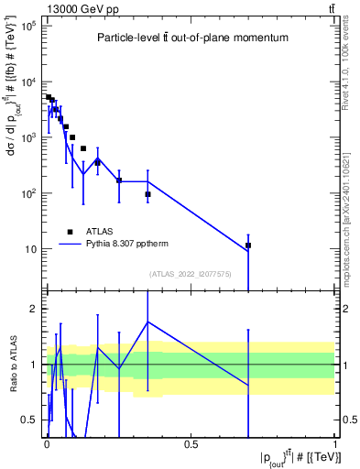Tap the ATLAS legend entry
point(100,232)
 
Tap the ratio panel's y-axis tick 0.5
point(29,420)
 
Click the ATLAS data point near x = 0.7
point(248,245)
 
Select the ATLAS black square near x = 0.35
point(147,194)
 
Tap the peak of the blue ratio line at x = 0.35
point(147,322)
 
